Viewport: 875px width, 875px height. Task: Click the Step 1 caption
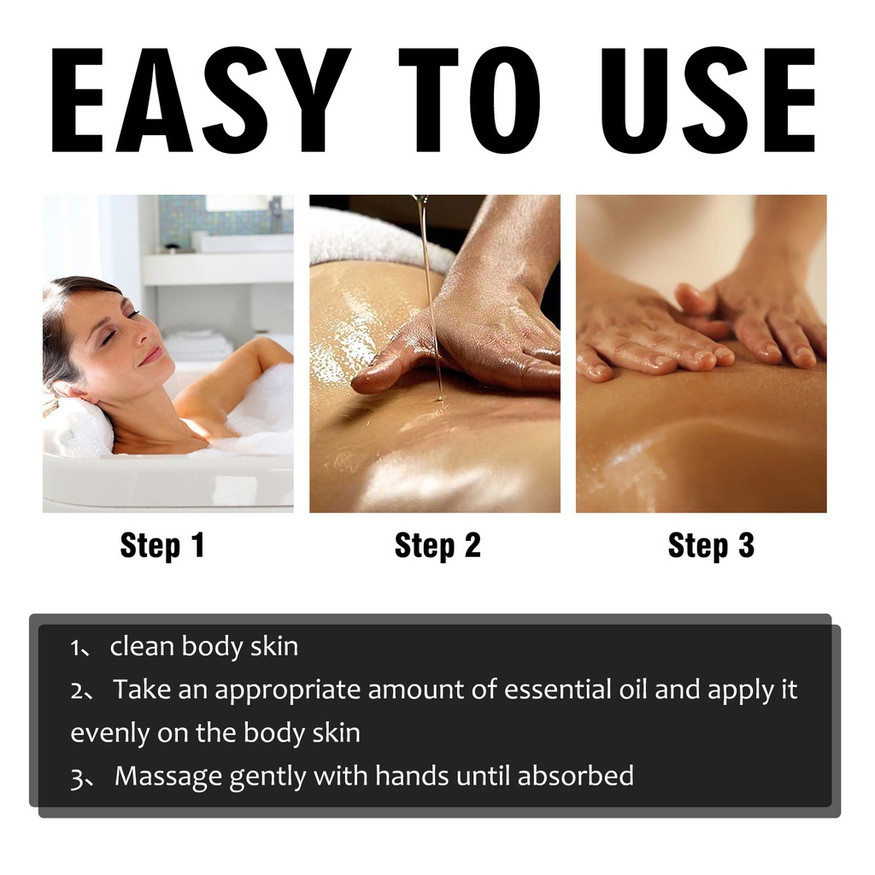[162, 545]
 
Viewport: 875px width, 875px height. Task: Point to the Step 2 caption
[437, 545]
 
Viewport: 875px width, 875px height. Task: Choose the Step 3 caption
[711, 545]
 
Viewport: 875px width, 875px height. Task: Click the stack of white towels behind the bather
[197, 344]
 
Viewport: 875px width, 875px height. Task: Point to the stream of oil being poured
[431, 296]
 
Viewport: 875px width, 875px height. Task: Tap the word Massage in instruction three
[168, 777]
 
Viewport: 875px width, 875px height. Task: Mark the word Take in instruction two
[142, 690]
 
